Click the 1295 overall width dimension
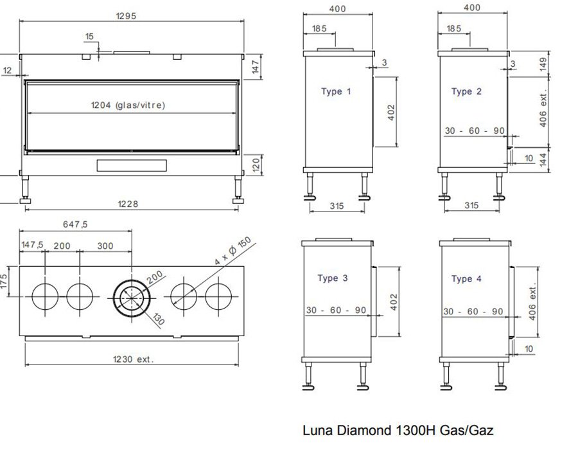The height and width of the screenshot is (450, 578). tap(126, 16)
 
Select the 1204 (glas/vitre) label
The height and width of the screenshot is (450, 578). tap(128, 105)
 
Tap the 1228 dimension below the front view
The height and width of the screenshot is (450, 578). tap(128, 204)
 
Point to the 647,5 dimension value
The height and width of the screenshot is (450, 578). tap(75, 224)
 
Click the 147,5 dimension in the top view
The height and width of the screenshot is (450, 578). tap(32, 245)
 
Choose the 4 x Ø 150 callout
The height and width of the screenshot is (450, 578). tap(233, 251)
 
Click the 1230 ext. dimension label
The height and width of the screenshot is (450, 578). tap(133, 359)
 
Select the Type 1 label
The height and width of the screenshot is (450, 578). tap(336, 91)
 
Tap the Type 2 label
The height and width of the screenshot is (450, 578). tap(466, 91)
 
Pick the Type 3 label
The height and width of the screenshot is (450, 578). tap(333, 278)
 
